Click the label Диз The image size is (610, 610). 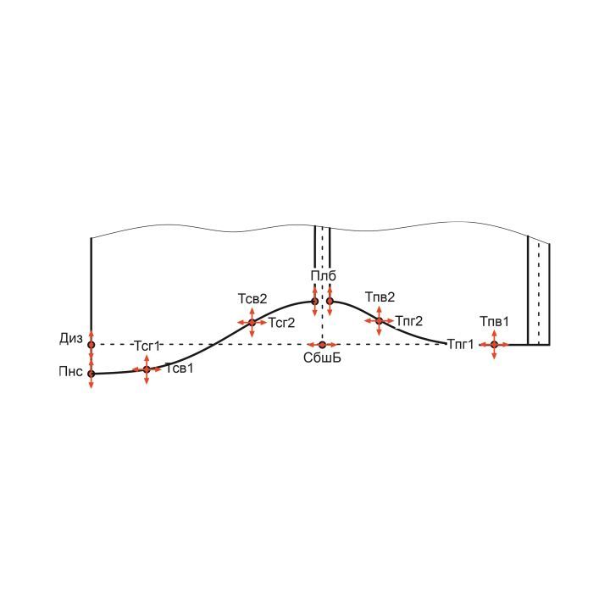click(71, 339)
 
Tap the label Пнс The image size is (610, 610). click(71, 372)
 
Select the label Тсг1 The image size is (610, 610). click(147, 346)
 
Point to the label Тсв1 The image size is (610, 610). click(180, 368)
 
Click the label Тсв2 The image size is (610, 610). click(252, 299)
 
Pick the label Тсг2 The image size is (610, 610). click(281, 323)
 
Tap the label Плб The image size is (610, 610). click(323, 276)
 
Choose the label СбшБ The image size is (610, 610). click(322, 358)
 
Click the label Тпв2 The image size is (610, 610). click(380, 297)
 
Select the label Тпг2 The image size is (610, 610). click(409, 321)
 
